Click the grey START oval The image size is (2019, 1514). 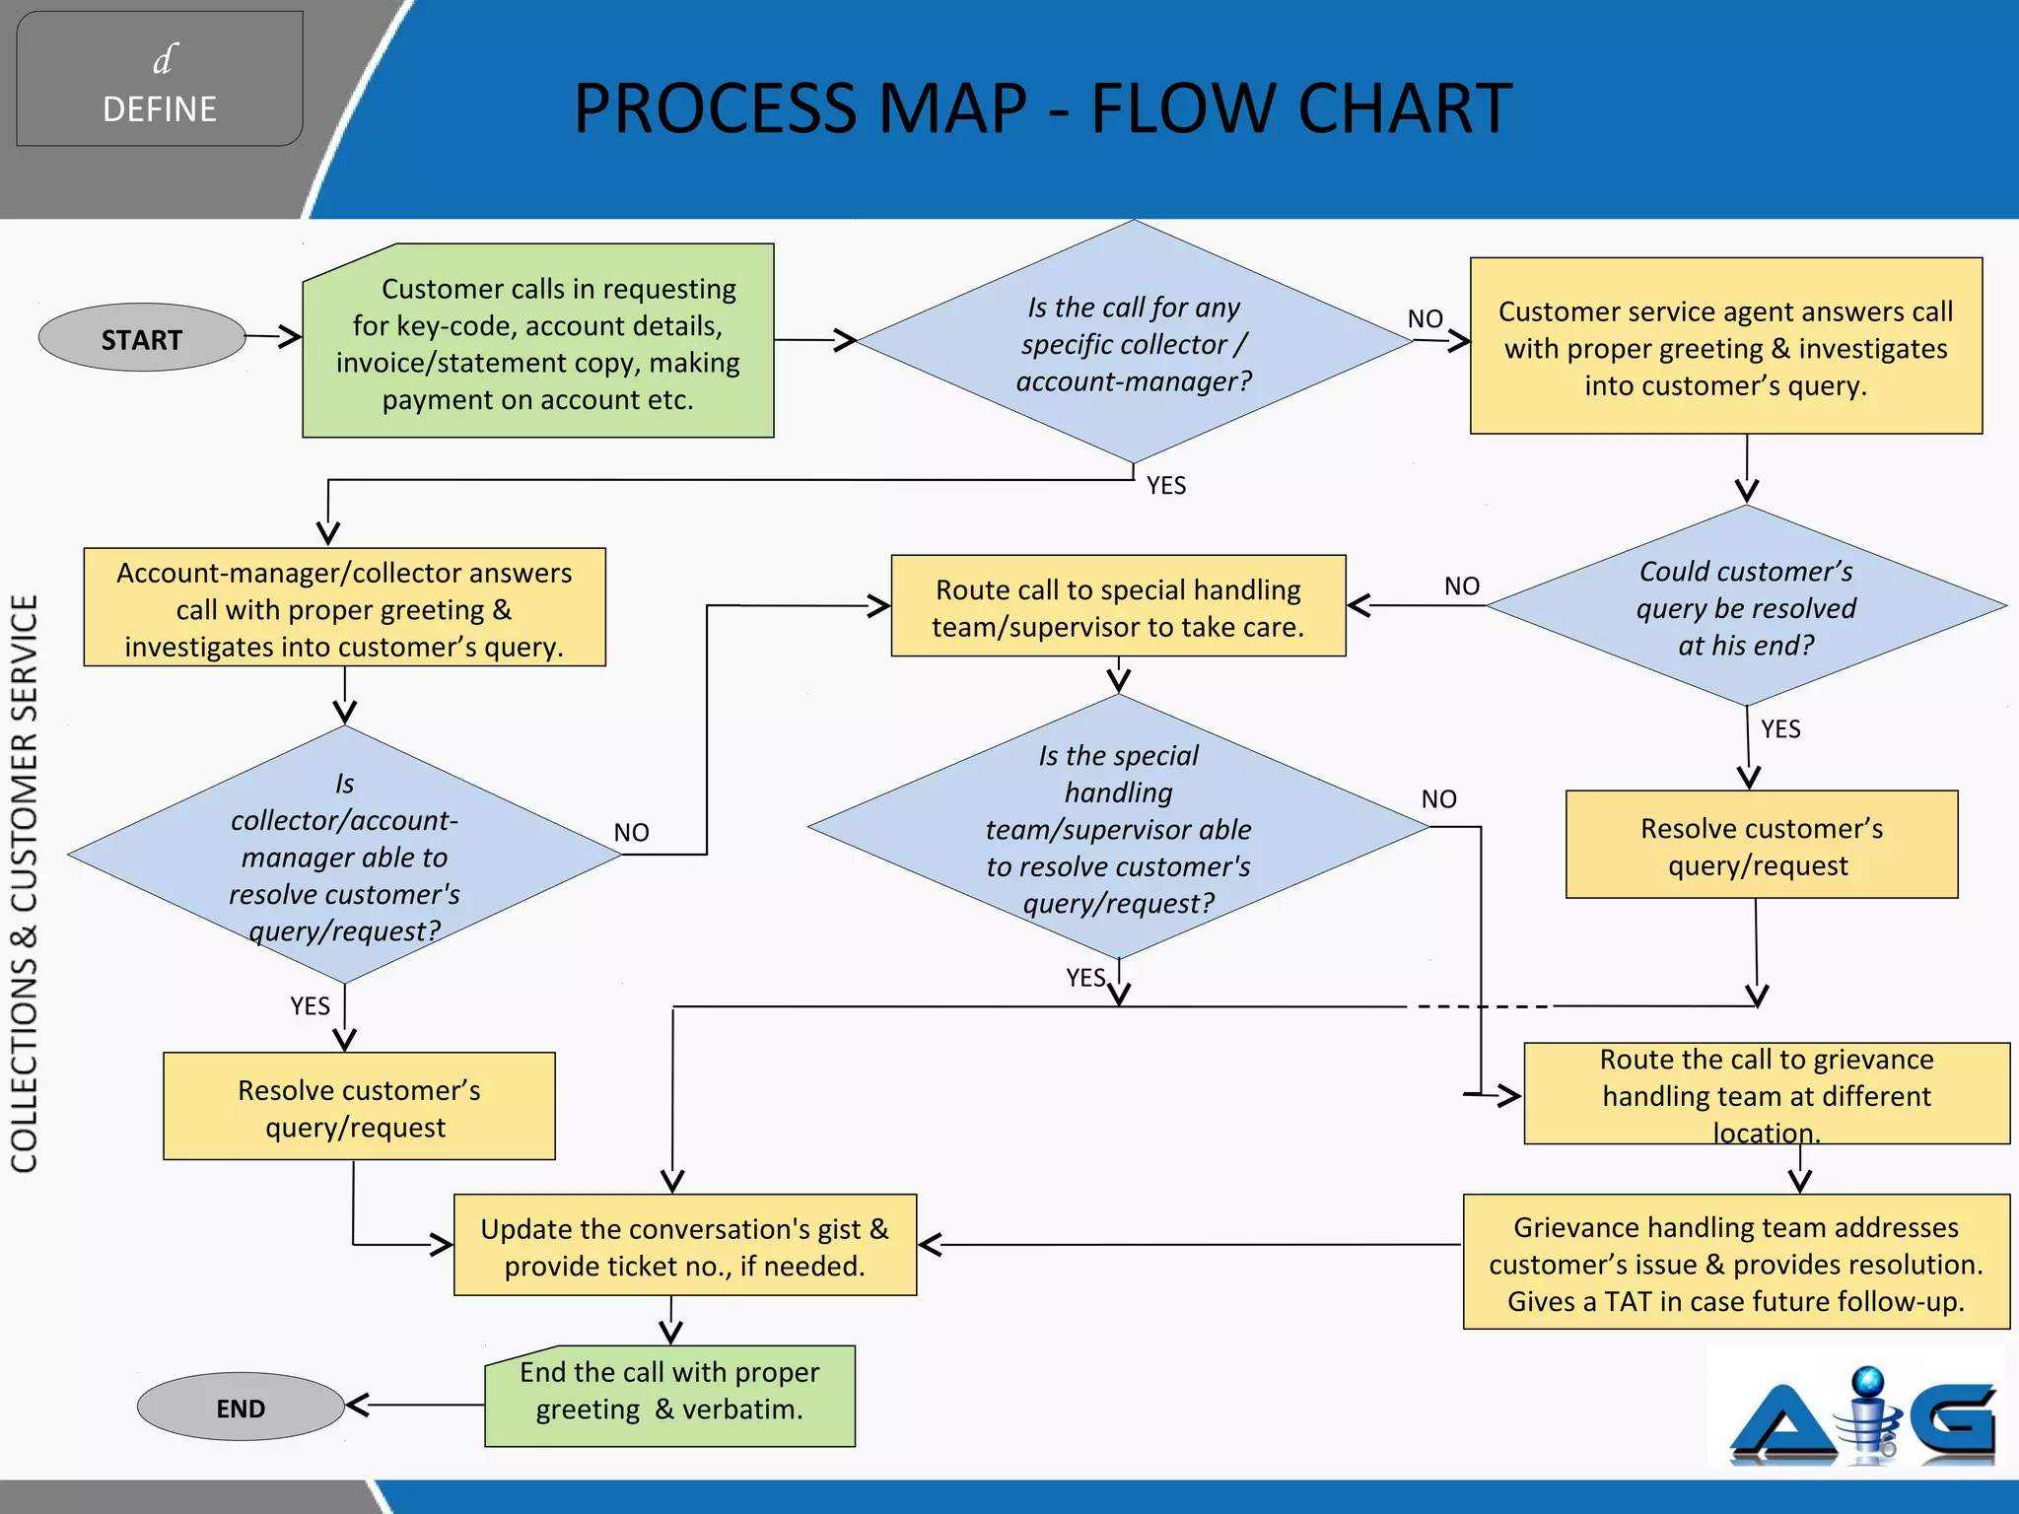coord(141,338)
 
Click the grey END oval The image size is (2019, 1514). coord(240,1407)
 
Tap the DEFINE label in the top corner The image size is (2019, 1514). coord(160,108)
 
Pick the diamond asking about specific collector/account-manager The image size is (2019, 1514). coord(1134,343)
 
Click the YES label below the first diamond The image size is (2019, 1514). coord(1166,485)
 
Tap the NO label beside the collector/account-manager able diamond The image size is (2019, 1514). coord(631,833)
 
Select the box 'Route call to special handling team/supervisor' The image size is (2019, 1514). coord(1118,607)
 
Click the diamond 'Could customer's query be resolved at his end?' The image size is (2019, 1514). coord(1745,607)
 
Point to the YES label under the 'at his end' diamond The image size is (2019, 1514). coord(1780,729)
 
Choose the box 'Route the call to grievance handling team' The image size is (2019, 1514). coord(1766,1094)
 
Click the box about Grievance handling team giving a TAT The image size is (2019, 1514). coord(1735,1263)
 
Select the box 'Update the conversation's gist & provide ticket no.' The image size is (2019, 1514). coord(684,1246)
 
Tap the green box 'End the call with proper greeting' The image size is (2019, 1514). coord(669,1396)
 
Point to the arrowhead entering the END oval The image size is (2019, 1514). coord(356,1406)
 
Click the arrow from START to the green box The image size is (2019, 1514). coord(273,337)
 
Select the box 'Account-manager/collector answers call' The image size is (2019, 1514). coord(344,608)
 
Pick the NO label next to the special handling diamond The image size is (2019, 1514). coord(1438,799)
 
